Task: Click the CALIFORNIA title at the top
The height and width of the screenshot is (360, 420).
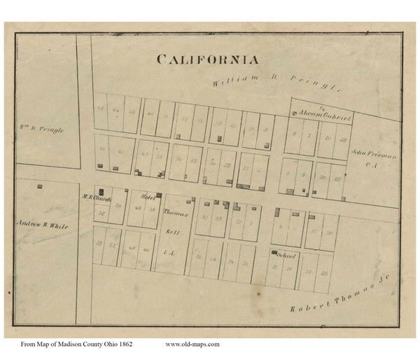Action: [x=207, y=60]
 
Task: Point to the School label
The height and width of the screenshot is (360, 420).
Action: [x=287, y=256]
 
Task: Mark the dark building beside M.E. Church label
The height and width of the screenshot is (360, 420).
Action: [x=101, y=191]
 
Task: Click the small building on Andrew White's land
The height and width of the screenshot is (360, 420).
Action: [x=38, y=186]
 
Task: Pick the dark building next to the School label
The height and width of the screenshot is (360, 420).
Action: [x=273, y=252]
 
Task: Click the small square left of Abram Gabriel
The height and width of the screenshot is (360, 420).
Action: [x=294, y=114]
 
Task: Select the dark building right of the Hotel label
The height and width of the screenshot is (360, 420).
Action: [x=160, y=195]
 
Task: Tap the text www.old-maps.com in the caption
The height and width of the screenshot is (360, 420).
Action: [x=192, y=344]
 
